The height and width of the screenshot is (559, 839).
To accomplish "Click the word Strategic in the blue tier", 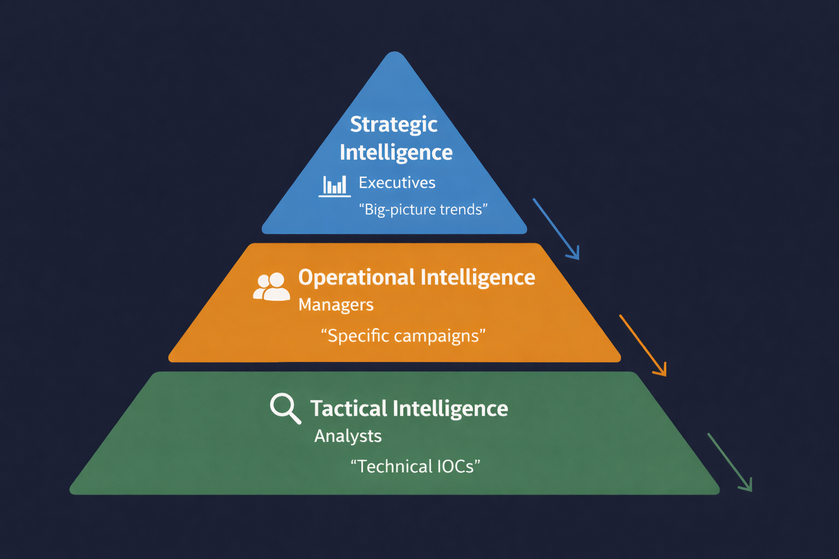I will [393, 125].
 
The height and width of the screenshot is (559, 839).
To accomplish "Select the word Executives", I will [397, 183].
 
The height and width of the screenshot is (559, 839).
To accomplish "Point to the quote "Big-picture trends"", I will [423, 210].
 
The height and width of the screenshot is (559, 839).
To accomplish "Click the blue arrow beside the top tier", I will [556, 229].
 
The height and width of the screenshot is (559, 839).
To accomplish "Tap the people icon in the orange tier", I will [271, 287].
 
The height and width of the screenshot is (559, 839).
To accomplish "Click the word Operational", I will [357, 277].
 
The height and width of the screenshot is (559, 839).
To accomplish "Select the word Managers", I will [336, 305].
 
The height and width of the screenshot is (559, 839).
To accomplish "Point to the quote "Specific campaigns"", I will [403, 336].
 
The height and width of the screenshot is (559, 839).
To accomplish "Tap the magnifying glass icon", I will [285, 408].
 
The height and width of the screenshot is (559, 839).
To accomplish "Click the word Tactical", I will [349, 408].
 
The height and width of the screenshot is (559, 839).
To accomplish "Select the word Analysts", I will [348, 436].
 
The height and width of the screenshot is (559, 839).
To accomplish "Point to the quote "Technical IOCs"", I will [415, 467].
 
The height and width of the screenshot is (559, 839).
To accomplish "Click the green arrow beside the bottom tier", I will [730, 462].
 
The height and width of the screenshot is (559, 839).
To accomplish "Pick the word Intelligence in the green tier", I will [451, 408].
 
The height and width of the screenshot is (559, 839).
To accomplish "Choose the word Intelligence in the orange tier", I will [478, 277].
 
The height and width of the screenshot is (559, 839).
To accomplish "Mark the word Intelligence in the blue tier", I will [396, 153].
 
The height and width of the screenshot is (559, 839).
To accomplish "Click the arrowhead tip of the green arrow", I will [751, 490].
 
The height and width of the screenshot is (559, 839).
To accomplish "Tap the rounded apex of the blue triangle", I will [394, 55].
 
